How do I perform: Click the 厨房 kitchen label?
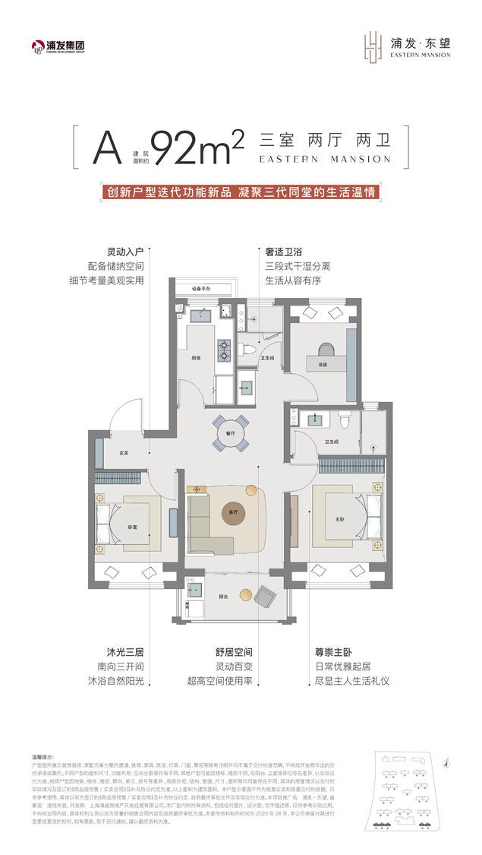point(195,357)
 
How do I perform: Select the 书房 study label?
point(323,366)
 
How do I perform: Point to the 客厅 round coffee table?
point(234,514)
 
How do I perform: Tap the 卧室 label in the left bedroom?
point(132,527)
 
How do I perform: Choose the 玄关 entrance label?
point(124,454)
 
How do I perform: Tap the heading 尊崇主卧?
point(334,652)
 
